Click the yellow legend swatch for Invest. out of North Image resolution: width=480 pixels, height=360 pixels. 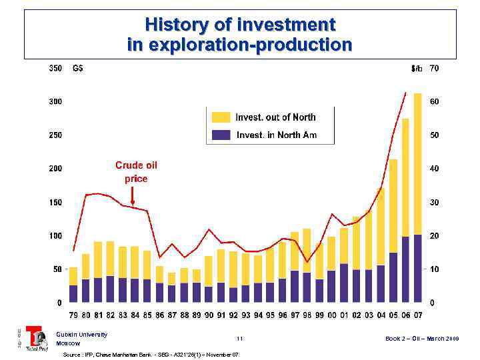pyautogui.click(x=221, y=117)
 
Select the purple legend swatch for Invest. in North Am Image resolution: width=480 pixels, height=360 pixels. pyautogui.click(x=221, y=135)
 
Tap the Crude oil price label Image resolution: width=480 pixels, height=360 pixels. pyautogui.click(x=136, y=171)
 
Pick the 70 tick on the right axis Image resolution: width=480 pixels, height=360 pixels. pyautogui.click(x=434, y=68)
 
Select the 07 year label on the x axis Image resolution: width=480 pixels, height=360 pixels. pyautogui.click(x=418, y=315)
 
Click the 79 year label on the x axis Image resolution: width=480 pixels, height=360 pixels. pyautogui.click(x=73, y=315)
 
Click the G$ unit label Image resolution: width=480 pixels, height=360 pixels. pyautogui.click(x=77, y=68)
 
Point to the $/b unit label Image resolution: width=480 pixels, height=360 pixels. pyautogui.click(x=417, y=68)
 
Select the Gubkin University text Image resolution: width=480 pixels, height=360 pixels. pyautogui.click(x=81, y=334)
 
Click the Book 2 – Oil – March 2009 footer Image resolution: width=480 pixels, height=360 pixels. pyautogui.click(x=422, y=339)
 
